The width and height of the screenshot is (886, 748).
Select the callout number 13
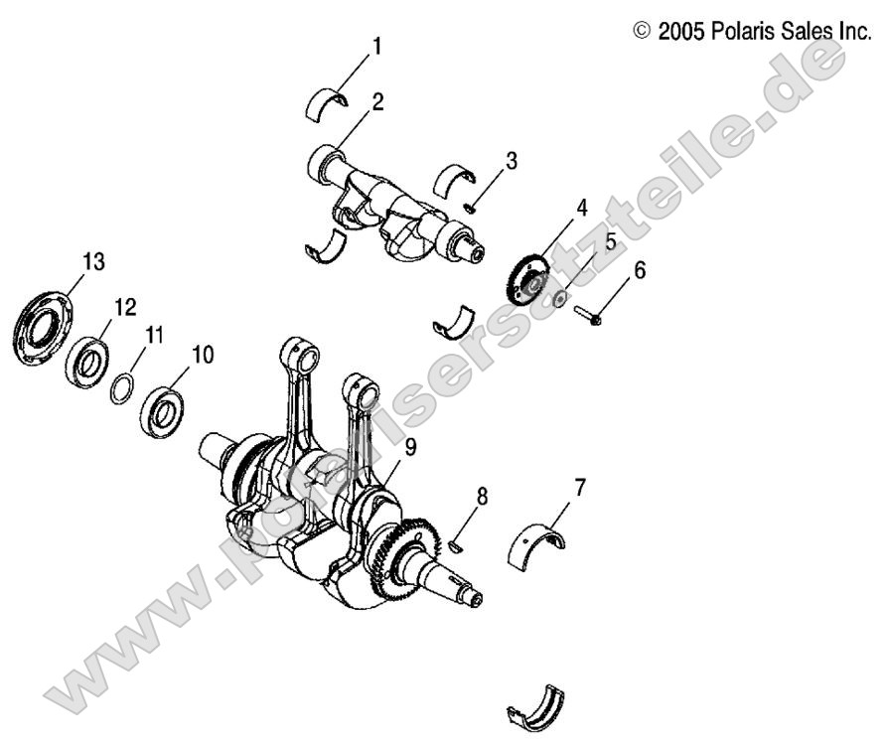point(93,261)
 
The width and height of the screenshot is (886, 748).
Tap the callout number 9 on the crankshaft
point(410,447)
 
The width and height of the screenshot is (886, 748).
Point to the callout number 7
point(579,487)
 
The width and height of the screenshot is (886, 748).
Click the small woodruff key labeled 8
point(457,542)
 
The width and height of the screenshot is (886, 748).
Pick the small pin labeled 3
point(471,207)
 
